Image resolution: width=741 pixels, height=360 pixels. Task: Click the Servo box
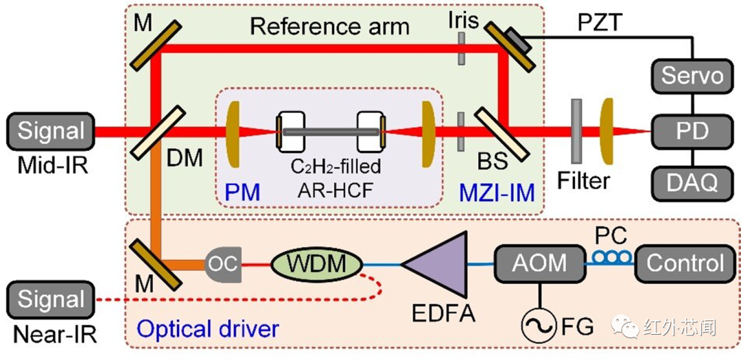[x=692, y=75]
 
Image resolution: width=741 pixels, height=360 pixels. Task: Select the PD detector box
[x=692, y=130]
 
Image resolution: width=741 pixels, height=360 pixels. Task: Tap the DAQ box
[x=692, y=182]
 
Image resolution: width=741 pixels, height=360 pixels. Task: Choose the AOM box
[x=539, y=263]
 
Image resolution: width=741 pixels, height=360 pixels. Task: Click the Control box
[x=685, y=263]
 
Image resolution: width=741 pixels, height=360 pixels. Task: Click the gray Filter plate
[x=576, y=130]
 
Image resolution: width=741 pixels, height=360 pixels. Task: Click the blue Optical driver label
[x=207, y=328]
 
